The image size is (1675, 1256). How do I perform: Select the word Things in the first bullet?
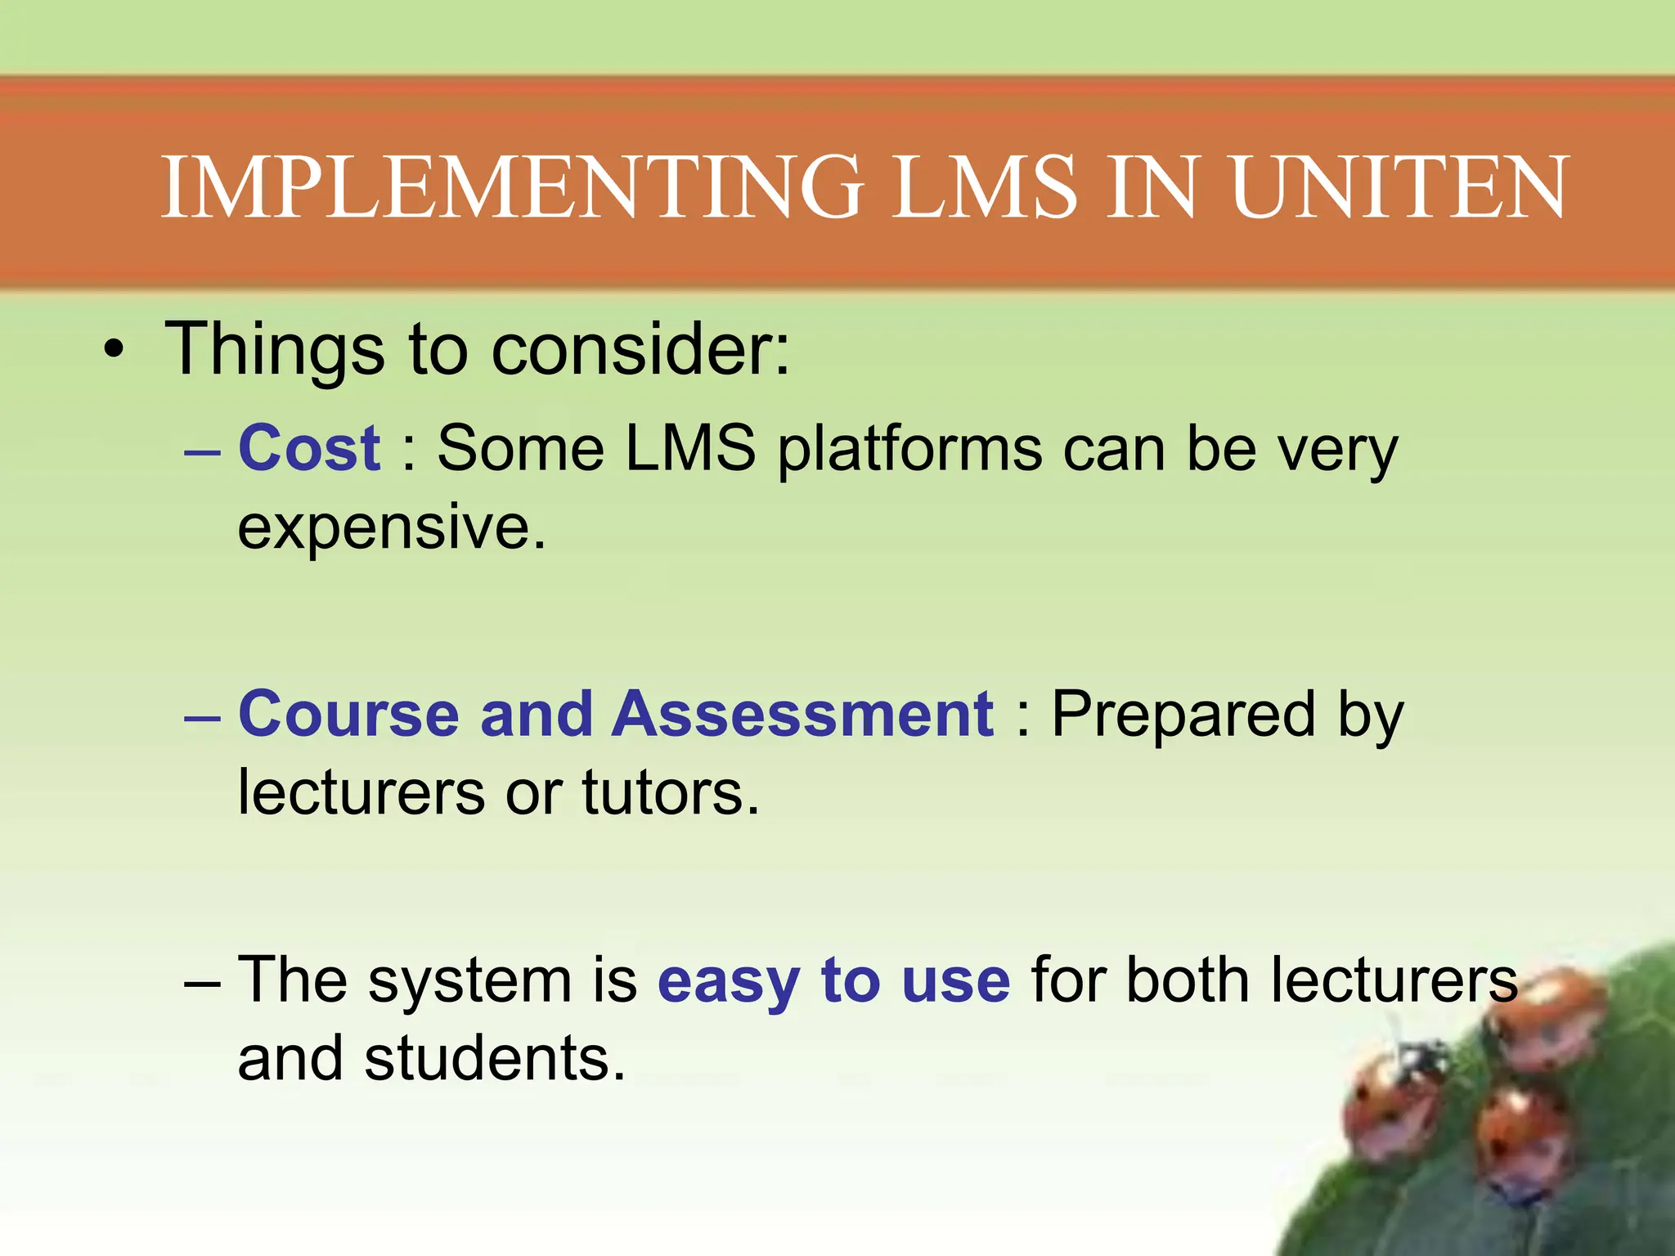coord(275,350)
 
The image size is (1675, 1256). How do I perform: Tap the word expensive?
coord(391,528)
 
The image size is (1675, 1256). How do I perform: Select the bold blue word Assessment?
coord(803,714)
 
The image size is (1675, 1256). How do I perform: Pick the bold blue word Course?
coord(348,714)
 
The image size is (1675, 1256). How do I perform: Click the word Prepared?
coord(1183,714)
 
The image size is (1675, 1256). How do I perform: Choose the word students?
coord(495,1058)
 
